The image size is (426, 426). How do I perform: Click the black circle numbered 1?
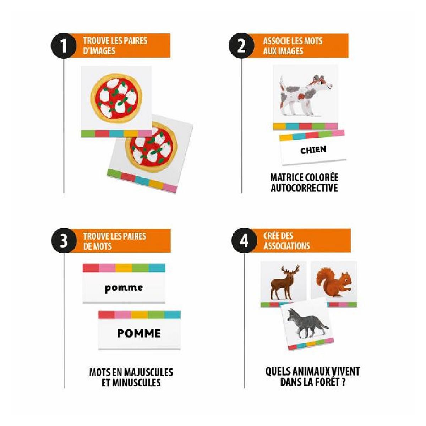64,46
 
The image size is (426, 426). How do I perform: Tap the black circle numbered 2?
241,46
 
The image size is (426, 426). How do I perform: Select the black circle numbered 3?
64,241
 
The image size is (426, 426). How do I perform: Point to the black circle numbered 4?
244,241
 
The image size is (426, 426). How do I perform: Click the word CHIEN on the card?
313,150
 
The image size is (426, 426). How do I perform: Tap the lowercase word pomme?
124,288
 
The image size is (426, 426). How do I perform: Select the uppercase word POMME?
139,333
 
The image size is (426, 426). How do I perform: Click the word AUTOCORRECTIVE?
304,188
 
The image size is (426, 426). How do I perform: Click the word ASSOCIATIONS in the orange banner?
286,246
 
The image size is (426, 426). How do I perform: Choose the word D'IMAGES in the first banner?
99,51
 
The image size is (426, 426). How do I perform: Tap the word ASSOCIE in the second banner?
277,41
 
